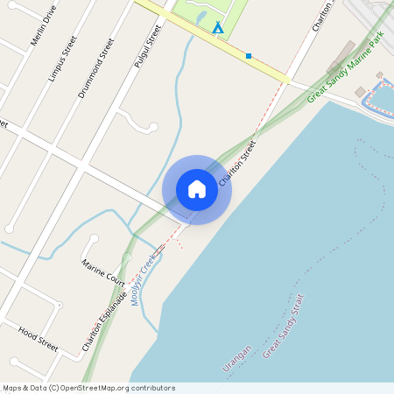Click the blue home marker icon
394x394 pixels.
[x=197, y=189]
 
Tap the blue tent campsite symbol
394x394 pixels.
[x=217, y=28]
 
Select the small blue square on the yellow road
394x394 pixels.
[x=249, y=56]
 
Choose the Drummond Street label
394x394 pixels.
[x=95, y=67]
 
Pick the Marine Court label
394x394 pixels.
[x=103, y=272]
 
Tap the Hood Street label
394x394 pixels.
[x=38, y=339]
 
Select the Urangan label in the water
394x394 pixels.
[x=237, y=359]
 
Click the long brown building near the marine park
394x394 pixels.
[x=341, y=57]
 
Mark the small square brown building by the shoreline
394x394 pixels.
[x=360, y=92]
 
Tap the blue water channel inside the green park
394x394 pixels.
[x=201, y=18]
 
